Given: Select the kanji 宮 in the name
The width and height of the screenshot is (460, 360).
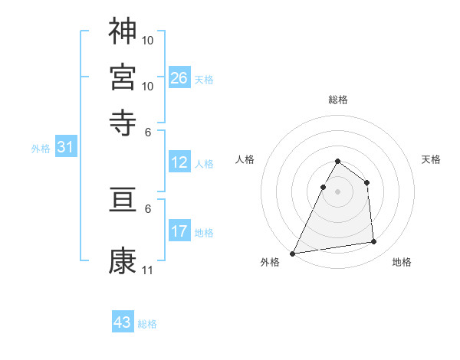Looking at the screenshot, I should pos(123,77).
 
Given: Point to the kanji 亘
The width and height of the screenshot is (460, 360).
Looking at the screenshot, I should pos(123,200).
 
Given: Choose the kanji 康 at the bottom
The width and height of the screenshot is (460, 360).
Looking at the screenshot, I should pos(123,261).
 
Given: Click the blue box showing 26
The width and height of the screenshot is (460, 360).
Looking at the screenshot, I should pos(179,77).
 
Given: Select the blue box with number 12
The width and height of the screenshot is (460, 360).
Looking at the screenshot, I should pos(179,162).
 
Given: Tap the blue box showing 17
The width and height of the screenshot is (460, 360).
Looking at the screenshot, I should pos(179,231).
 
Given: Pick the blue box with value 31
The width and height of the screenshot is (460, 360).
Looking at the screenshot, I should pos(65,148).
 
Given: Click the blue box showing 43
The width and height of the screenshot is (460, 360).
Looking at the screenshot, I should pos(123,322).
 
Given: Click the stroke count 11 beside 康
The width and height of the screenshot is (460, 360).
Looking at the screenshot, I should pos(147,270).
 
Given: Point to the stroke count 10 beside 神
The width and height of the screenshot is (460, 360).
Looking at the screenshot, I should pos(148,40).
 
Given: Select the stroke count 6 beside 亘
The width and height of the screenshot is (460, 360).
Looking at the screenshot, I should pos(148,208).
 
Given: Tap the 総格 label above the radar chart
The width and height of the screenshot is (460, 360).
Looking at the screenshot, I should pos(337,100).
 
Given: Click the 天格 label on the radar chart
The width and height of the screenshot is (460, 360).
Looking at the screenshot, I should pos(432,159).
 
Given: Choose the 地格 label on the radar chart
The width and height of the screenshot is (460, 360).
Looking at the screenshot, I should pos(402,262).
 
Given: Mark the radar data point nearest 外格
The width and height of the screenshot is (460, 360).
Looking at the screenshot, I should pos(293,253).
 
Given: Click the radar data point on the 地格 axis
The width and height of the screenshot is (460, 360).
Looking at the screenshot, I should pos(374,242).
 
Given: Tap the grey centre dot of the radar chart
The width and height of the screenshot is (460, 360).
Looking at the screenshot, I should pos(337,191).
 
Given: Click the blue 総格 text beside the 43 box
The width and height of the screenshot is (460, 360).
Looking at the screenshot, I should pos(147,324).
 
